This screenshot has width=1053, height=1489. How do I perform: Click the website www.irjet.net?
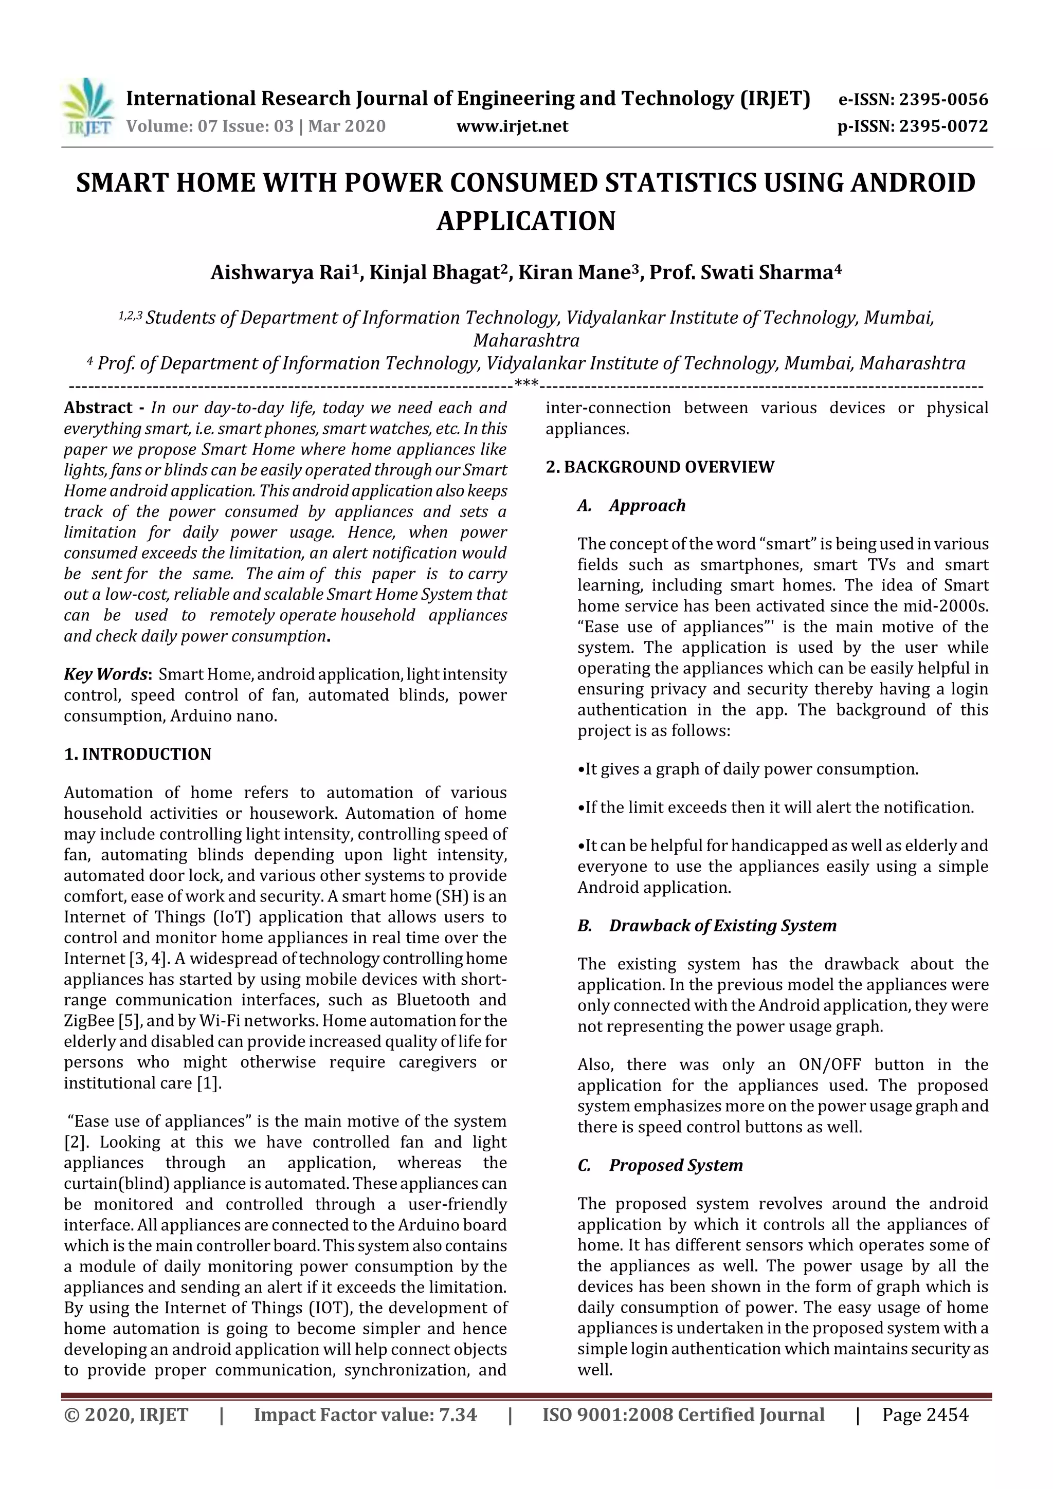[x=512, y=126]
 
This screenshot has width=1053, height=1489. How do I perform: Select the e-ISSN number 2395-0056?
[x=943, y=99]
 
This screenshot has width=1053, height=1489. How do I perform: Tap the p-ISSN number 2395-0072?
[x=943, y=126]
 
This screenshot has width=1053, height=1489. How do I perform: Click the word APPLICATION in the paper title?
[x=525, y=221]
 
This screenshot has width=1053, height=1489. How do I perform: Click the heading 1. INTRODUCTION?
[x=138, y=754]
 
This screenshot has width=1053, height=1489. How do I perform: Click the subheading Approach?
[x=647, y=505]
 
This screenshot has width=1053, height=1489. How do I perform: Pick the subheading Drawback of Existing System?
[x=722, y=926]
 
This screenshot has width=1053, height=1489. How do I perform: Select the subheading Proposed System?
[x=676, y=1165]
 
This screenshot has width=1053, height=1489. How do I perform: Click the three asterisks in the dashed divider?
[x=525, y=384]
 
